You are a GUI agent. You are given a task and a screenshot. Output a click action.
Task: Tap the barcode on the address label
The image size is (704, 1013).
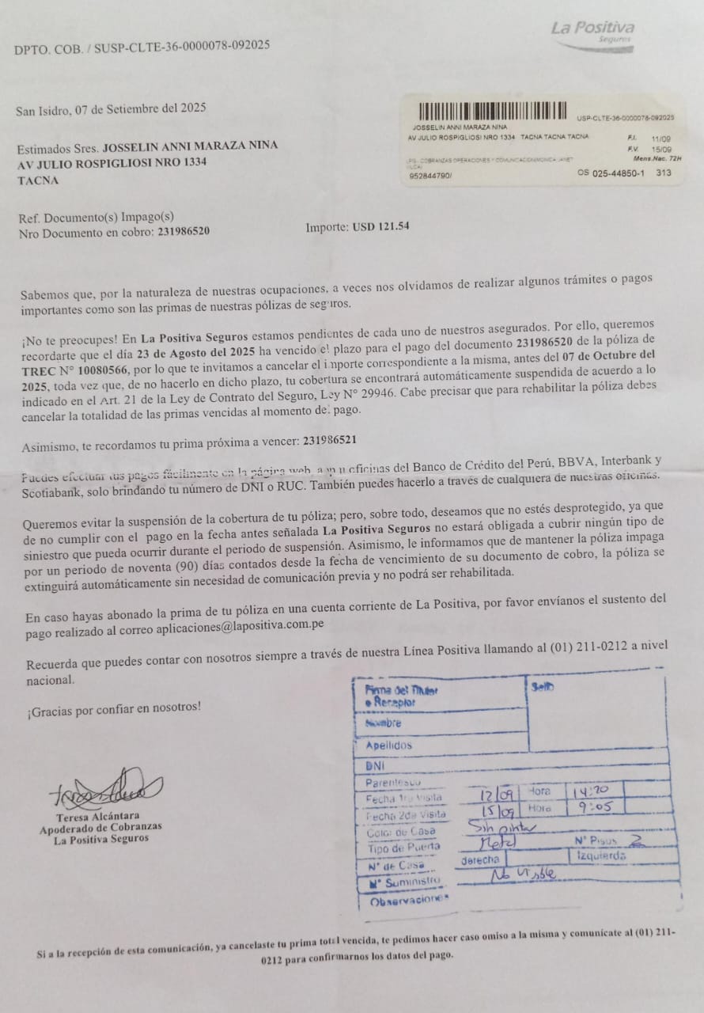tap(493, 112)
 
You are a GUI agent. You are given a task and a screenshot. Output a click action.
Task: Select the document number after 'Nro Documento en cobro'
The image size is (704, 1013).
tap(184, 232)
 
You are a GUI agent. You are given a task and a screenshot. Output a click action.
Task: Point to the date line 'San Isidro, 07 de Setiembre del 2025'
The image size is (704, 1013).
tap(111, 109)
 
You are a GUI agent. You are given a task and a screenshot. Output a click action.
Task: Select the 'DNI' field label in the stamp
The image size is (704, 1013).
tap(375, 766)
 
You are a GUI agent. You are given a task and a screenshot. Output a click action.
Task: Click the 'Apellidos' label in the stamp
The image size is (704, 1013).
tap(388, 746)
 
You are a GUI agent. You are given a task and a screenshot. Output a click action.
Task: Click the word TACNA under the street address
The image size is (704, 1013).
tap(38, 180)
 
